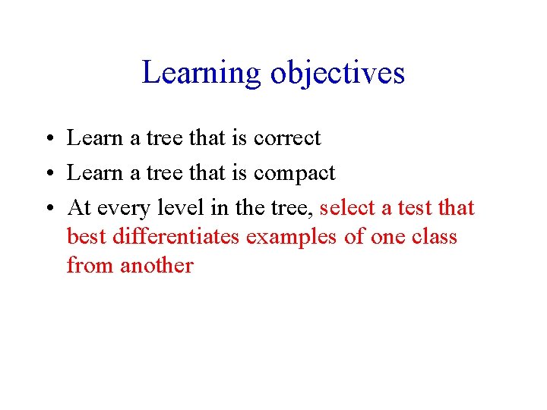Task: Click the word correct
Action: click(x=287, y=138)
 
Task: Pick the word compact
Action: click(x=294, y=174)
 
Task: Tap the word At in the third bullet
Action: click(x=77, y=208)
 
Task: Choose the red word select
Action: click(x=347, y=208)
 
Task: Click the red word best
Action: click(x=87, y=237)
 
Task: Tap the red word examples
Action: click(x=292, y=237)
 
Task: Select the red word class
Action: click(x=435, y=237)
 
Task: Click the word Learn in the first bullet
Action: click(x=90, y=138)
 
